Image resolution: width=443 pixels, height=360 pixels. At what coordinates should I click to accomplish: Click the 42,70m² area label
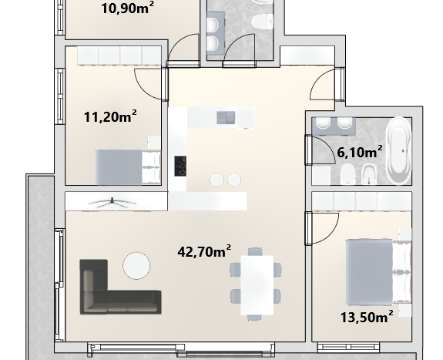204,251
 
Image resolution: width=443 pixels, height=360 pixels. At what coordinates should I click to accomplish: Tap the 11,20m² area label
110,116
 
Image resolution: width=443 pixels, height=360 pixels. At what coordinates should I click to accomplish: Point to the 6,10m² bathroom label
360,152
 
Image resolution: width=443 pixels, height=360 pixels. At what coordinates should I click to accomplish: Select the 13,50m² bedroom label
367,317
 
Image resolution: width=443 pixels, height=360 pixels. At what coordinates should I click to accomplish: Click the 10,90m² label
128,8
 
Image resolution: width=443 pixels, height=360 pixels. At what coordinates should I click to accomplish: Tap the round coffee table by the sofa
136,265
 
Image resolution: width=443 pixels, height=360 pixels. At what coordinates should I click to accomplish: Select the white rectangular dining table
257,285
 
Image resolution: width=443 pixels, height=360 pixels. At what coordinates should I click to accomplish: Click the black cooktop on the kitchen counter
180,166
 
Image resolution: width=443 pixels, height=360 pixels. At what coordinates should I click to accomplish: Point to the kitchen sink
226,118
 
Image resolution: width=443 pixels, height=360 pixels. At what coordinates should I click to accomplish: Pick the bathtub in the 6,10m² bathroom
399,150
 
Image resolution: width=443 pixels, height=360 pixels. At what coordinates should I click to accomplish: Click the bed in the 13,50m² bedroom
378,272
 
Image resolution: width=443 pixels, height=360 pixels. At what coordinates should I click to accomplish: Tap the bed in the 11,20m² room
128,167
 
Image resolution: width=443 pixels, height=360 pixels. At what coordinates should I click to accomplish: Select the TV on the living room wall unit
112,203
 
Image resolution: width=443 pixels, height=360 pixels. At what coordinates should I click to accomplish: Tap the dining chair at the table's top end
255,251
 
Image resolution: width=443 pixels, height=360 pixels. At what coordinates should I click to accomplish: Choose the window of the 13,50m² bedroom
348,347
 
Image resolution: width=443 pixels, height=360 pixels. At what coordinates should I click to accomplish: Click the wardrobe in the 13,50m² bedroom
361,201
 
